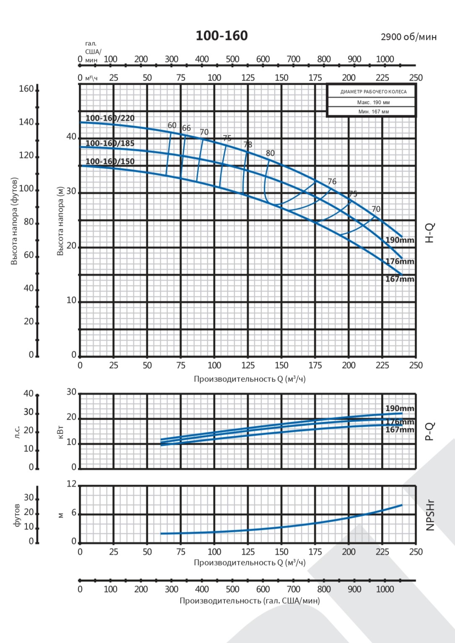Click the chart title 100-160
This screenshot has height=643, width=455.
coord(221,36)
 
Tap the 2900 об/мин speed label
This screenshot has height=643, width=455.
coord(408,37)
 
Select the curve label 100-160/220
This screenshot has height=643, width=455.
coord(110,118)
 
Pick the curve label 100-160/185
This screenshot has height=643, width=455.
coord(110,143)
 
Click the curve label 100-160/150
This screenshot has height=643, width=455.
coord(110,161)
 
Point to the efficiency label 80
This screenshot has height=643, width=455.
coord(270,153)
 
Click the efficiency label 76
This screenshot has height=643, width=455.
coord(332,181)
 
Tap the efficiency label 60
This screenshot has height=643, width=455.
coord(172,125)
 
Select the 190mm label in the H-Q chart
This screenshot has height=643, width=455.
coord(400,240)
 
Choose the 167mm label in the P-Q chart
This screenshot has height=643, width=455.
coord(400,430)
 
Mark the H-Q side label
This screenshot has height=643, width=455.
coord(430,233)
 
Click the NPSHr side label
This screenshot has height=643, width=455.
coord(430,515)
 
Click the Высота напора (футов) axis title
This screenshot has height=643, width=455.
coord(14,221)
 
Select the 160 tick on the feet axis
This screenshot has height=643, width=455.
coord(26,89)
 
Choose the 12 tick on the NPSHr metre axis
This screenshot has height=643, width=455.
coord(72,484)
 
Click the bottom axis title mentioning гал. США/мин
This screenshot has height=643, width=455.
coord(250,601)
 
